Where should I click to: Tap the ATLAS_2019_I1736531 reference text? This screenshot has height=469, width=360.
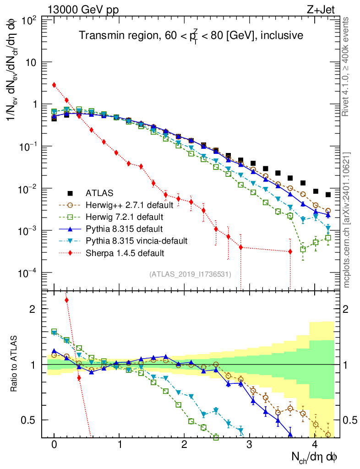coord(190,274)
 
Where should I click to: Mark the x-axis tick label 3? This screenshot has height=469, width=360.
coord(249,445)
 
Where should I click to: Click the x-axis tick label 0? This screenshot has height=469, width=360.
coord(54,445)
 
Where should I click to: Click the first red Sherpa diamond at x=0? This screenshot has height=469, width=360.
coord(54,85)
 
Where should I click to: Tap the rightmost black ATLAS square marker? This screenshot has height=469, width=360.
coord(328,194)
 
